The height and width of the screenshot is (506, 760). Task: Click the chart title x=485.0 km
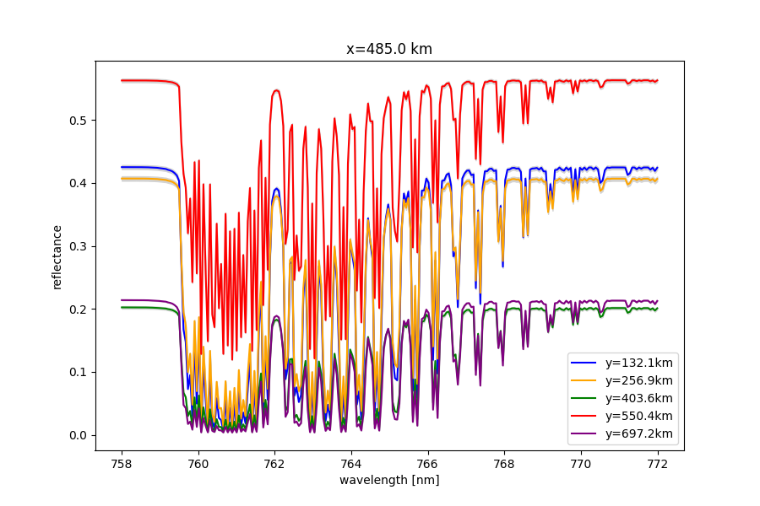[389, 49]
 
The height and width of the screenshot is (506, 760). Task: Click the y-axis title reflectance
[57, 256]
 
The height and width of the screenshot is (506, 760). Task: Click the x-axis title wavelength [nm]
[389, 480]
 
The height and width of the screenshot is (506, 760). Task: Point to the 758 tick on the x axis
[122, 462]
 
